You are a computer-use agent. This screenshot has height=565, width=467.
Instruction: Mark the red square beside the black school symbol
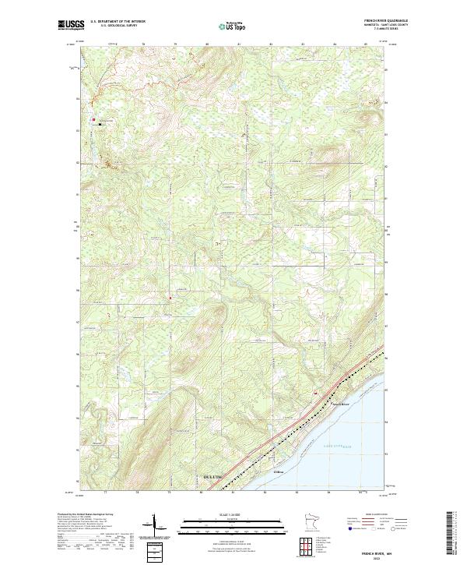[x=94, y=119]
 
